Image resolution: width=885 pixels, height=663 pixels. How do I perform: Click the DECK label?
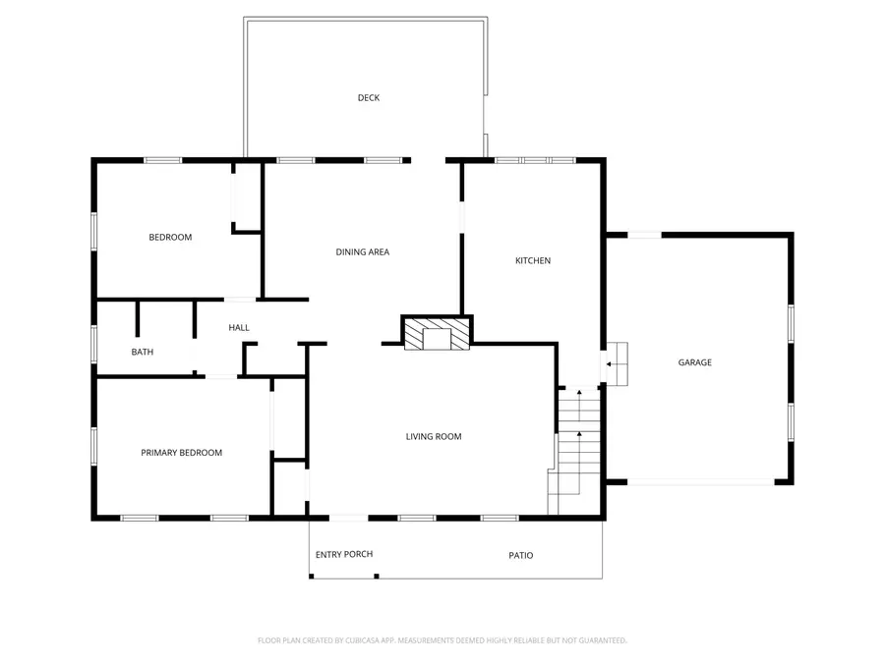pyautogui.click(x=369, y=98)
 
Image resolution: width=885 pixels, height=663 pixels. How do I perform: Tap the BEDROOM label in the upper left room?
pyautogui.click(x=170, y=238)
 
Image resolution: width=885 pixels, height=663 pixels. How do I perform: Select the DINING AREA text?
pyautogui.click(x=362, y=252)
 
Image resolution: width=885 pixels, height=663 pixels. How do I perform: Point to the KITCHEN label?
pyautogui.click(x=533, y=260)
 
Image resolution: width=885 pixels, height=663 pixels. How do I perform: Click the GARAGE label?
pyautogui.click(x=695, y=362)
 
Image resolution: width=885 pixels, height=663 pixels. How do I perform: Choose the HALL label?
pyautogui.click(x=239, y=327)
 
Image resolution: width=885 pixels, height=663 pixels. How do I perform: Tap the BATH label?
pyautogui.click(x=143, y=352)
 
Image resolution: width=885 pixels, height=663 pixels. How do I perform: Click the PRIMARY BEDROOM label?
pyautogui.click(x=181, y=453)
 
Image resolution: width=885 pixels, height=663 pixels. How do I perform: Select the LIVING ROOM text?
pyautogui.click(x=434, y=436)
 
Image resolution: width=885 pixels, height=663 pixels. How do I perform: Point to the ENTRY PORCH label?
pyautogui.click(x=344, y=554)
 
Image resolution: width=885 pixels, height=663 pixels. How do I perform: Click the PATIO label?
pyautogui.click(x=521, y=555)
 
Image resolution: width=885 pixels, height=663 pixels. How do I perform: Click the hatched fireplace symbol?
pyautogui.click(x=437, y=334)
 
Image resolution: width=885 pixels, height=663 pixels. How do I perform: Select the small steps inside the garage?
pyautogui.click(x=617, y=364)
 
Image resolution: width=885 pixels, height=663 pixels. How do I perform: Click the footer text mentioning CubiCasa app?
pyautogui.click(x=442, y=640)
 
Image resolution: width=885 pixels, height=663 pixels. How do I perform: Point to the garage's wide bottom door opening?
pyautogui.click(x=700, y=482)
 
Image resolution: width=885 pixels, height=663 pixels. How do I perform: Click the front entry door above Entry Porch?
pyautogui.click(x=348, y=518)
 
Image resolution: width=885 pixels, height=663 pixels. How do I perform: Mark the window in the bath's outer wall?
pyautogui.click(x=94, y=344)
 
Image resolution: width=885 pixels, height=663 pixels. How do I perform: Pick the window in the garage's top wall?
pyautogui.click(x=644, y=235)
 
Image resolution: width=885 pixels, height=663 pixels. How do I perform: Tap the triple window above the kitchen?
pyautogui.click(x=535, y=161)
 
